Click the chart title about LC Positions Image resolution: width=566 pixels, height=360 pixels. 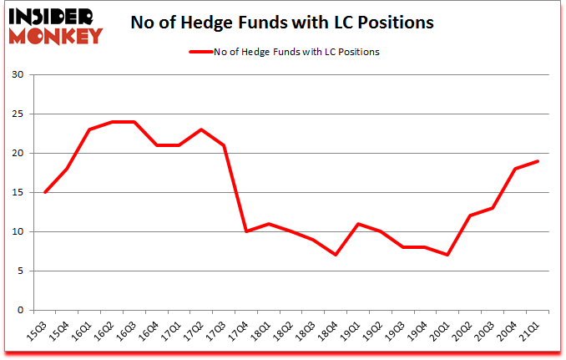(x=282, y=23)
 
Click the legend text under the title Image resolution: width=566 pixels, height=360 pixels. (x=297, y=52)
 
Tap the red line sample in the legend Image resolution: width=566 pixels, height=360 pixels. (x=200, y=52)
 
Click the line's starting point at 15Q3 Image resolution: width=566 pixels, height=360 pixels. (x=44, y=193)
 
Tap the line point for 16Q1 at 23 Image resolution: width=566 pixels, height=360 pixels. (x=89, y=129)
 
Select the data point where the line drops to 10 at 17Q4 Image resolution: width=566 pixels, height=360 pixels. (x=246, y=231)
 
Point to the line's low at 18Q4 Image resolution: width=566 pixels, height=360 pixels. (x=336, y=255)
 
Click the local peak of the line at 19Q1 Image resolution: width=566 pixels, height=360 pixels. (x=358, y=224)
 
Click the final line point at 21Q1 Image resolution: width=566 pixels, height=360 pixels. (x=538, y=161)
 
